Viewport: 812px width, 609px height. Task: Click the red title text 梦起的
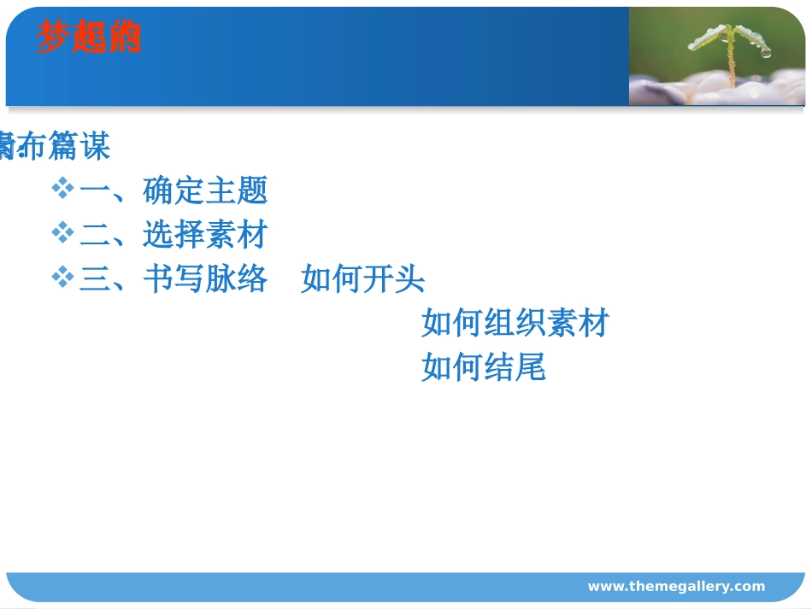point(88,38)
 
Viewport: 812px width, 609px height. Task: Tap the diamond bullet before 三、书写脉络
point(62,277)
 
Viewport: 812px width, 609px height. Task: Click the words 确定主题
point(205,190)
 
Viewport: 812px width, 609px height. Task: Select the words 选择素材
point(205,235)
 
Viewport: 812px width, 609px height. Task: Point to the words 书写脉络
point(205,279)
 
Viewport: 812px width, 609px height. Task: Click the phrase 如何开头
point(362,279)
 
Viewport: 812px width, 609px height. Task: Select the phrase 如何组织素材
point(515,324)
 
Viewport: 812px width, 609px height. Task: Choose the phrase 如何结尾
point(483,368)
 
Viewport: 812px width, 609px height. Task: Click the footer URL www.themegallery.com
point(676,586)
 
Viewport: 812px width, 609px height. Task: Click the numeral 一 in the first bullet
point(95,190)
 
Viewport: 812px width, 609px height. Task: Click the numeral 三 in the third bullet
point(95,279)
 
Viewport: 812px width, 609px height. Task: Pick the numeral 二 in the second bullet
point(95,235)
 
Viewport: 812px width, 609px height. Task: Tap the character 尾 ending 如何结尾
point(531,368)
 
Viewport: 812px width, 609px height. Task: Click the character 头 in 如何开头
point(410,279)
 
